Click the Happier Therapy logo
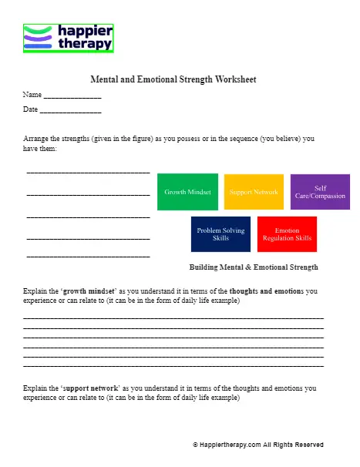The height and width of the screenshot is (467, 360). point(69,38)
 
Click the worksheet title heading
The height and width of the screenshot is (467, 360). point(173,79)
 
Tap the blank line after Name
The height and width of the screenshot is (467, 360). point(72,97)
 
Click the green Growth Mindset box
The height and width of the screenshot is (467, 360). point(187,192)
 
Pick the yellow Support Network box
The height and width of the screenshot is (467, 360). point(254,192)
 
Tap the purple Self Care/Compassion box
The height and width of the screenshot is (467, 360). point(320,192)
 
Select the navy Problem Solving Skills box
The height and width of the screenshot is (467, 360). point(220,234)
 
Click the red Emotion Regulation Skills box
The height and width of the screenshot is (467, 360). point(287,234)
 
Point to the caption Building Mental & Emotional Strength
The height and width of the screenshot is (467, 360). point(254,267)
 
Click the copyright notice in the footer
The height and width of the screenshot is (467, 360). point(257,445)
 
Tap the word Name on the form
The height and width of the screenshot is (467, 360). point(32,95)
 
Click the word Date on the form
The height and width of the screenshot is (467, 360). point(31,109)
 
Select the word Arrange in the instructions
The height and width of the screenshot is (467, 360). point(37,139)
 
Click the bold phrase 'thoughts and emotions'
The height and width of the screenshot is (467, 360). point(267,291)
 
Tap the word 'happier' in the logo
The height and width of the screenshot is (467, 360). point(86,32)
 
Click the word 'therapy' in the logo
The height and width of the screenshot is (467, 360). point(85,44)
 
